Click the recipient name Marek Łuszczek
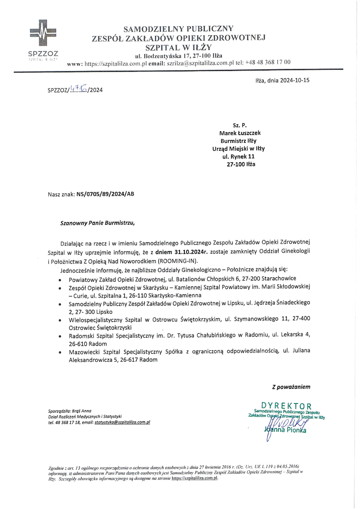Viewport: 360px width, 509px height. point(241,133)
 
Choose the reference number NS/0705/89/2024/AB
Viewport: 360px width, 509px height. point(105,194)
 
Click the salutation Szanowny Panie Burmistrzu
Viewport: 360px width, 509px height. point(98,224)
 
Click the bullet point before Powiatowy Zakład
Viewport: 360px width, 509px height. point(59,279)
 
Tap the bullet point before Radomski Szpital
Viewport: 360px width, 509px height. point(59,337)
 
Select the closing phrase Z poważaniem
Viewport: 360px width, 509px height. point(291,387)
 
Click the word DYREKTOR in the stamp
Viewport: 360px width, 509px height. point(286,406)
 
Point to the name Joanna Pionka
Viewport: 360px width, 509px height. point(285,430)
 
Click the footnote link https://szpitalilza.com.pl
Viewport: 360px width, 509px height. point(194,478)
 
